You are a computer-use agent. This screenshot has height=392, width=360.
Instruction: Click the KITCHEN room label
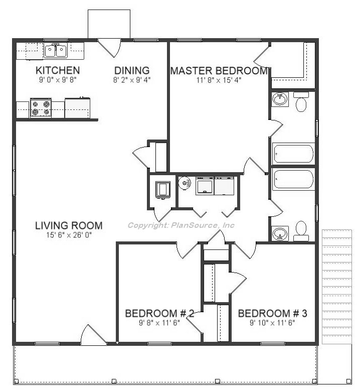click(58, 70)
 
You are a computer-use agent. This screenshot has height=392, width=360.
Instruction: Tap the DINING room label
click(132, 70)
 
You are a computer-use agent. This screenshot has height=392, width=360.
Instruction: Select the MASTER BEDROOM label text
click(219, 71)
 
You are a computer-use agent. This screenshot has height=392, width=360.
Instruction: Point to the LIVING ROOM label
click(69, 225)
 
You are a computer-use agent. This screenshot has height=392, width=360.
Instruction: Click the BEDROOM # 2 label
click(159, 314)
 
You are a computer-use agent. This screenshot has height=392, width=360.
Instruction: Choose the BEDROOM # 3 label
click(273, 314)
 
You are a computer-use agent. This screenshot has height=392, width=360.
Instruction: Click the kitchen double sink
click(56, 51)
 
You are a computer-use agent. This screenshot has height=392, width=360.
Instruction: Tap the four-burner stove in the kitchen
click(41, 108)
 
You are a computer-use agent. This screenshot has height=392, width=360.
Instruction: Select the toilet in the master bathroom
click(301, 102)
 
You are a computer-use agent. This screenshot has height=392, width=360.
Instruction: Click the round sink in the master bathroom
click(280, 99)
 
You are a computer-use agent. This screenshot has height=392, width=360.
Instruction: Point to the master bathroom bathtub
click(293, 154)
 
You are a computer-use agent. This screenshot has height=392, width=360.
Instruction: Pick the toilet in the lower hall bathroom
click(301, 231)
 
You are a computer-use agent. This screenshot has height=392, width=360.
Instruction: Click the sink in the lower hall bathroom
click(280, 233)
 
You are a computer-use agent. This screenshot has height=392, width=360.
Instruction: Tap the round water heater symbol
click(185, 183)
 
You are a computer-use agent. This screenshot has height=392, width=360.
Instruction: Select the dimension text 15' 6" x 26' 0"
click(69, 235)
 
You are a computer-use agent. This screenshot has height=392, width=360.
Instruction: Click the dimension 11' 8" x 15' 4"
click(219, 80)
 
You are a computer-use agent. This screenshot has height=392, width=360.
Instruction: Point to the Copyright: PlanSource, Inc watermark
click(181, 225)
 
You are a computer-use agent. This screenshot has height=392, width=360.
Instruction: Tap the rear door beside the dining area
click(109, 48)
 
